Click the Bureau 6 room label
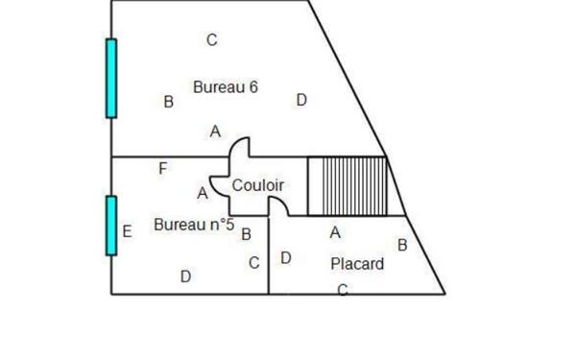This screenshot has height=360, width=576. coord(226,86)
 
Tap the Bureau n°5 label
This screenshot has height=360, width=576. coord(194,225)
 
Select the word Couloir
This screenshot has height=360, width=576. coord(258,184)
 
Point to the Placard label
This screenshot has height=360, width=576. coord(357,263)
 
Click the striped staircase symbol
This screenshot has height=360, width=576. coord(347,186)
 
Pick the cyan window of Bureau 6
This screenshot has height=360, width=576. coord(111,78)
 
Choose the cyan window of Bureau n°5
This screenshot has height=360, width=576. coord(111,226)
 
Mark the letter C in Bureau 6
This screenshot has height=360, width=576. coord(212,40)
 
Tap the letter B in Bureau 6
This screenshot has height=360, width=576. coord(169,102)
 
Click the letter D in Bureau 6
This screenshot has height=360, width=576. coord(301,100)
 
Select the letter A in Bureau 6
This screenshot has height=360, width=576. coord(215,132)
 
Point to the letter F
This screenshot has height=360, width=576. coord(163,169)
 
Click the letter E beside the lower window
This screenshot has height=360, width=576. coord(127,231)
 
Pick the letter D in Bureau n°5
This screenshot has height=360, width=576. coord(186,276)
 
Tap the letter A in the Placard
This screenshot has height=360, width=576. coord(335,232)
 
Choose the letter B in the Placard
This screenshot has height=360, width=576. coord(402,245)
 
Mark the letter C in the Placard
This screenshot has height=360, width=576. coord(342,290)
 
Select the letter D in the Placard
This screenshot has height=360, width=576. coord(285,257)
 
